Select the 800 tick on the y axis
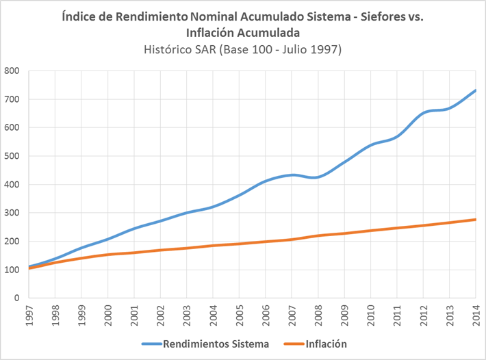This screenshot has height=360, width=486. click(11, 70)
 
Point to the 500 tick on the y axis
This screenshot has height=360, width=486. click(11, 156)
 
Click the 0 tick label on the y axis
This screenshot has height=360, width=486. click(15, 298)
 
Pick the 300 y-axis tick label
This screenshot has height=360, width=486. click(11, 213)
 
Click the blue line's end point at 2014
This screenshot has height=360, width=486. click(475, 90)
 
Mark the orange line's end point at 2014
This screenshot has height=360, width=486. click(475, 220)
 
